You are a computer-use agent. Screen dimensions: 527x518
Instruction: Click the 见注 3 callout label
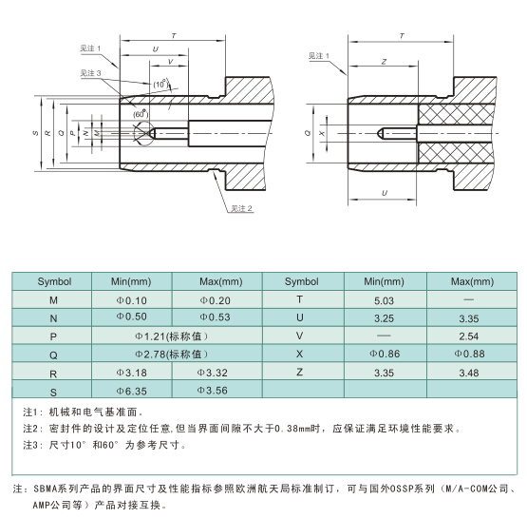click(x=90, y=73)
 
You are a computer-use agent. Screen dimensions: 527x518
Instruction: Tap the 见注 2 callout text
click(x=241, y=208)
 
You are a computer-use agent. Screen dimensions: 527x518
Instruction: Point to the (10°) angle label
click(x=161, y=84)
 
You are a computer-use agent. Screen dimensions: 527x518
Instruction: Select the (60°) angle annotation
click(x=141, y=114)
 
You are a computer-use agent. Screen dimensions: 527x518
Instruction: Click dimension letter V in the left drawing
click(x=170, y=62)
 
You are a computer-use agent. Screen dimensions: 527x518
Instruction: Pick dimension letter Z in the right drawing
click(x=384, y=62)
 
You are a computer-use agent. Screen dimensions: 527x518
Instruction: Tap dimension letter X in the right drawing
click(x=322, y=133)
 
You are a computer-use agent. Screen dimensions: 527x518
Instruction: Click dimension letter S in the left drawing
click(x=35, y=133)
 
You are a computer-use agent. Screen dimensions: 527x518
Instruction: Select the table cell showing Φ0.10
click(x=131, y=300)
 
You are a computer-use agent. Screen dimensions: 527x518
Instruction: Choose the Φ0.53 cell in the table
click(x=216, y=317)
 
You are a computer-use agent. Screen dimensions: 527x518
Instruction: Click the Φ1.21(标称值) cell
click(x=172, y=336)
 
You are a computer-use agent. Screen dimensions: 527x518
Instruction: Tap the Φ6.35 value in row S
click(x=131, y=391)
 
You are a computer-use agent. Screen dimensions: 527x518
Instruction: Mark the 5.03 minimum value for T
click(x=384, y=300)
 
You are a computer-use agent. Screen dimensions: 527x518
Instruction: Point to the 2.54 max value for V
click(x=468, y=336)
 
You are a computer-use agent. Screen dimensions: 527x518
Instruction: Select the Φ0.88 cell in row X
click(x=469, y=354)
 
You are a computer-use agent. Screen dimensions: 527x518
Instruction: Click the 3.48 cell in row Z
click(x=468, y=373)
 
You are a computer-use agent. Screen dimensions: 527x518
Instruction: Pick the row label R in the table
click(x=53, y=374)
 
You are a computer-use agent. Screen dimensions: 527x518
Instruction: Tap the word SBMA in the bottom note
click(x=46, y=489)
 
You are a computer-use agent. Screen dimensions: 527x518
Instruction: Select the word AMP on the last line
click(x=40, y=505)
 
